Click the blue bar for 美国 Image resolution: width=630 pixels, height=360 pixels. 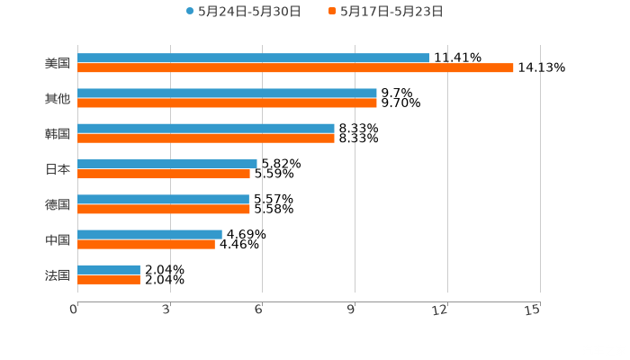253,58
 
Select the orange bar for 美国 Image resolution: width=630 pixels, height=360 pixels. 295,68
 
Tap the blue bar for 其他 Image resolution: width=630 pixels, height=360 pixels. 227,93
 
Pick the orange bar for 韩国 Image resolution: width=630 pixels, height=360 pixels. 206,139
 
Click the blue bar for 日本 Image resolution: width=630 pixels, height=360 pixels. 167,164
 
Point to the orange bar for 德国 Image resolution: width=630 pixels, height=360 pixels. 164,210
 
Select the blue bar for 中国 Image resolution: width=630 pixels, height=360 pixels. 149,234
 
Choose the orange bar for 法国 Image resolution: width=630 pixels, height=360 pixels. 109,280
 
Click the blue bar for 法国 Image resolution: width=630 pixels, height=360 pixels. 109,269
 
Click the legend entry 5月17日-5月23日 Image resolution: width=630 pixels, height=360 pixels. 391,12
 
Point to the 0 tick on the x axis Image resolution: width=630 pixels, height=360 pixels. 74,310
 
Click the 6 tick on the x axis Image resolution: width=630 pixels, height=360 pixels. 258,310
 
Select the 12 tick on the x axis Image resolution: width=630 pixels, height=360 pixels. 441,310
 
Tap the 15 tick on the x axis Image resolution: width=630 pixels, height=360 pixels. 533,310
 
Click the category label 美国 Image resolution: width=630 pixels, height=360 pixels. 58,63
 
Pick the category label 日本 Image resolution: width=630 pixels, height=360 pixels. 58,168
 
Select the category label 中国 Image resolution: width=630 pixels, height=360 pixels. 58,239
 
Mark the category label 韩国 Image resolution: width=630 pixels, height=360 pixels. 58,133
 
